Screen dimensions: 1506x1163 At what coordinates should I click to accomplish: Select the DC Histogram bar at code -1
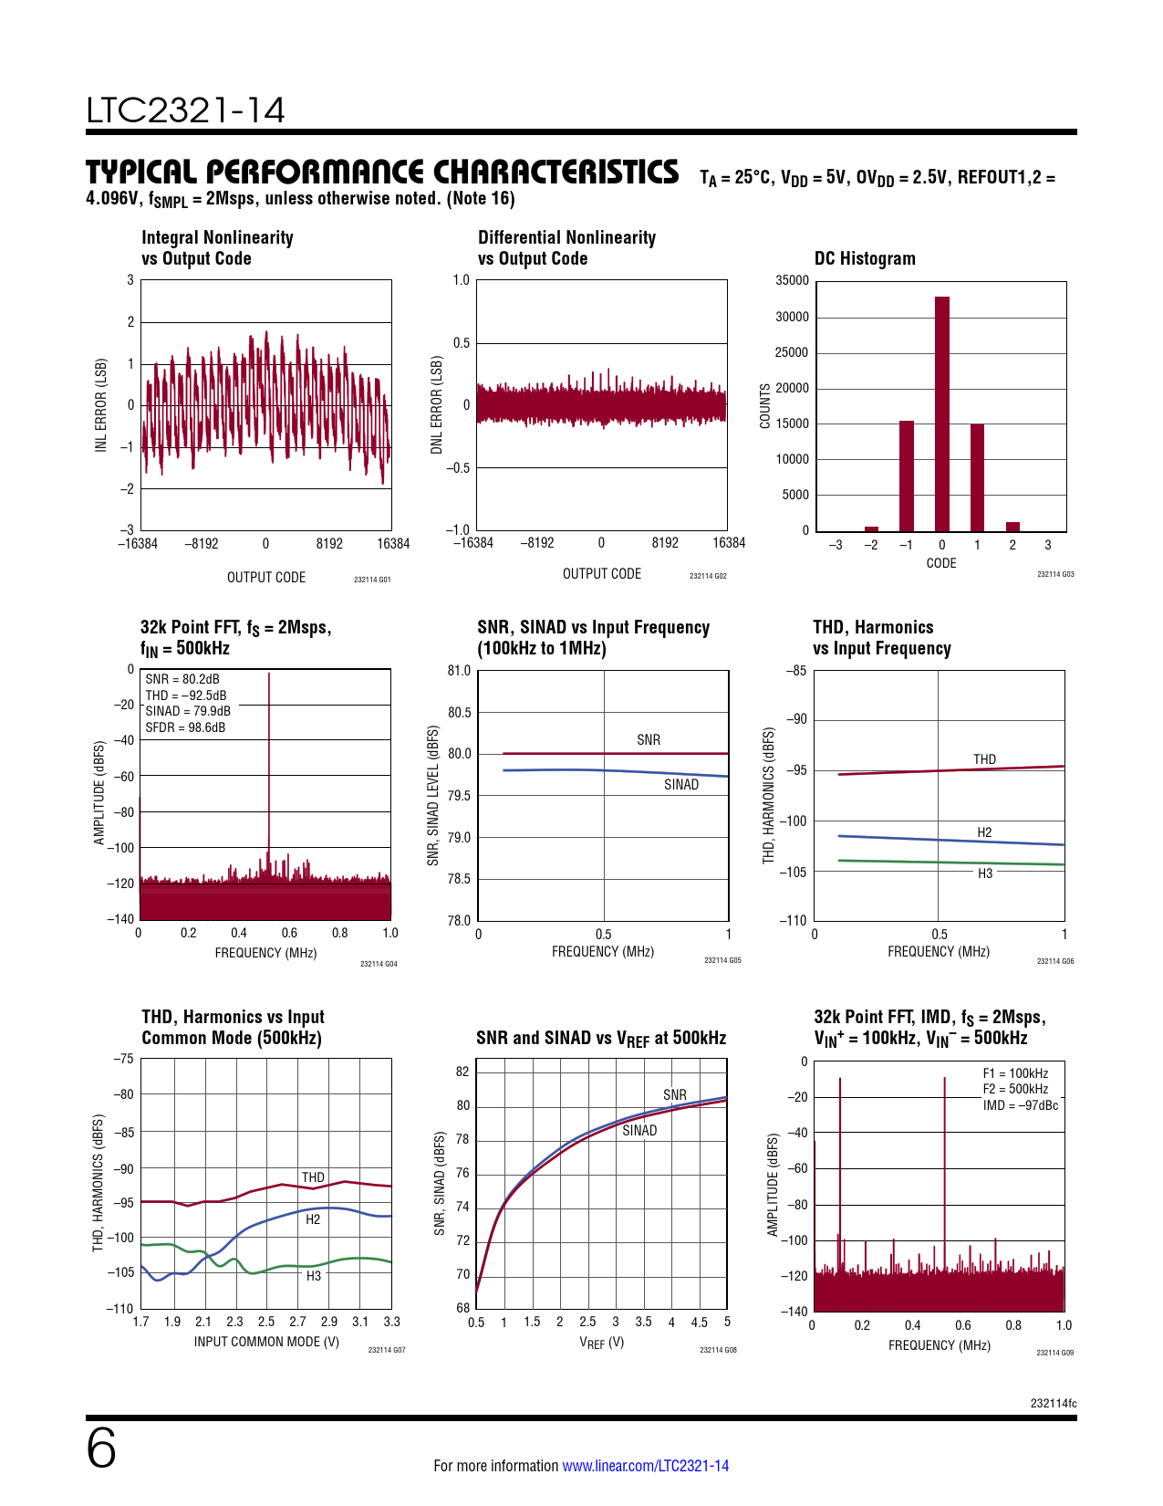(x=906, y=476)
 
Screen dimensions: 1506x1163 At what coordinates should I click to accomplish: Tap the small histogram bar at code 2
(x=1012, y=527)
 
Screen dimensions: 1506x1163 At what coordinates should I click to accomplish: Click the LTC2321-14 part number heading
(x=186, y=110)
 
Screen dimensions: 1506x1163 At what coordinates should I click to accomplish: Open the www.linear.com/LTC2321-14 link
(x=645, y=1466)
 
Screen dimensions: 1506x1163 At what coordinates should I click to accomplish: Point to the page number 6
(x=101, y=1448)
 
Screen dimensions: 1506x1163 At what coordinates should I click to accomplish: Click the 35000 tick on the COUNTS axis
(x=792, y=281)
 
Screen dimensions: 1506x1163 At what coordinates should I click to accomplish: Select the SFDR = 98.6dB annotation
(x=185, y=727)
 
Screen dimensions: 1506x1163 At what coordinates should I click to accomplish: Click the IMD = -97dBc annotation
(x=1021, y=1105)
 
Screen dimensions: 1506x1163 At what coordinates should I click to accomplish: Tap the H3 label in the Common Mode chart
(x=313, y=1276)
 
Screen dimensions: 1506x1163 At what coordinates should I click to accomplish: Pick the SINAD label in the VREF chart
(x=639, y=1131)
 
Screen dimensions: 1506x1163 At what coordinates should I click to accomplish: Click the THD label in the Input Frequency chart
(x=984, y=759)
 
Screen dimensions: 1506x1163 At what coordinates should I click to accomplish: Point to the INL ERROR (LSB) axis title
(x=101, y=404)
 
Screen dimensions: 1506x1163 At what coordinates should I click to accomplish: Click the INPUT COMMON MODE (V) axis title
(x=266, y=1342)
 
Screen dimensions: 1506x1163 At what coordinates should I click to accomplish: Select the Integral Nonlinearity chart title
(x=217, y=247)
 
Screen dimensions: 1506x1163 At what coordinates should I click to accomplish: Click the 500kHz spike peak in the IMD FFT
(x=944, y=1079)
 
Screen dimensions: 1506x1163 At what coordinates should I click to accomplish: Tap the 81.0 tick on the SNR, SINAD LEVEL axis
(x=459, y=671)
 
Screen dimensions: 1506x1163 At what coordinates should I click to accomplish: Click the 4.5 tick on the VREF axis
(x=699, y=1323)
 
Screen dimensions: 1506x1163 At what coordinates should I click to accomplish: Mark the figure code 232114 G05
(x=722, y=960)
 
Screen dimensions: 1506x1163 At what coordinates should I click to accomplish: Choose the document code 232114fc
(x=1054, y=1404)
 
